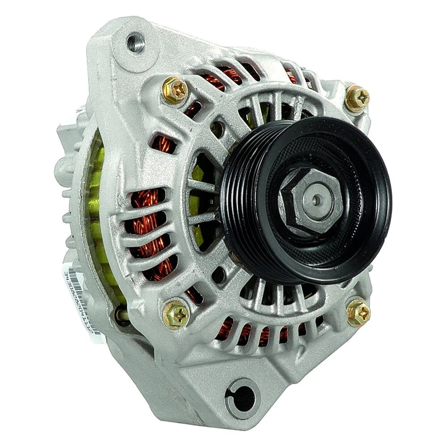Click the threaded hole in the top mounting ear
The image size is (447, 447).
(135, 43)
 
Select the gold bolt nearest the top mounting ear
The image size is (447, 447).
(175, 90)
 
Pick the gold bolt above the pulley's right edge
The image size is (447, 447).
(358, 99)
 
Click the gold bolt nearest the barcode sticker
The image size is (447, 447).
(176, 314)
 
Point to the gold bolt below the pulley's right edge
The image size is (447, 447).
(359, 312)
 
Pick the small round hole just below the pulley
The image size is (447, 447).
(218, 276)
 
